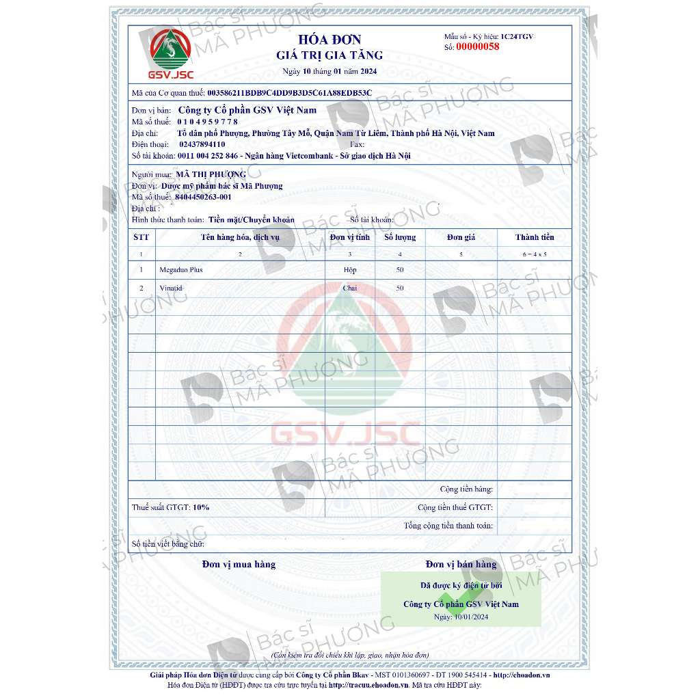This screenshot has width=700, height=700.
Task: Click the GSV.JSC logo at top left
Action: click(x=172, y=53)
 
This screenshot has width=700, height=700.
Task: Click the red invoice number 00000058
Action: click(x=477, y=47)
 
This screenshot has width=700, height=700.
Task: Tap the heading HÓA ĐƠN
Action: click(x=329, y=40)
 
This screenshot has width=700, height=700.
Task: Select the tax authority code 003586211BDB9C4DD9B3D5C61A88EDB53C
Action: click(x=289, y=92)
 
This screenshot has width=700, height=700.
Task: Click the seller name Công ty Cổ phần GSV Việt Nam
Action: click(x=247, y=109)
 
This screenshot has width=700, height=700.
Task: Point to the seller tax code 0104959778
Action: click(x=207, y=122)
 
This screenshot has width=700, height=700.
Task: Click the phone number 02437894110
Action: click(x=202, y=145)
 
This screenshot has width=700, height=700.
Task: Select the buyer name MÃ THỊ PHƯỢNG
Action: click(x=211, y=175)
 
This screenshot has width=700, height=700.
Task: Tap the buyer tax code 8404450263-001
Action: click(x=203, y=197)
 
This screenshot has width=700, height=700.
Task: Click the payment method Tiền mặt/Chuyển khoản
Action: click(x=252, y=219)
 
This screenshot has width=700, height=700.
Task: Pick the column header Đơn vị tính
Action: click(x=349, y=237)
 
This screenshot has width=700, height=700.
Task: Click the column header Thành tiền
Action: click(x=535, y=237)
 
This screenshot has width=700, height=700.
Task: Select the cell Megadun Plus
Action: click(x=180, y=269)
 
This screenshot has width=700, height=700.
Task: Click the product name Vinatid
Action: click(x=171, y=288)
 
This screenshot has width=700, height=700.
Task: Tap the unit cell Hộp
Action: click(x=349, y=269)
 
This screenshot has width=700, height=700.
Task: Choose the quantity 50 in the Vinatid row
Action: click(x=400, y=288)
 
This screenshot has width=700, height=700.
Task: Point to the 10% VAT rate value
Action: click(x=201, y=507)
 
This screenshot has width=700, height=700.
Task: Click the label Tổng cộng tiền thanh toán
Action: click(x=448, y=526)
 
